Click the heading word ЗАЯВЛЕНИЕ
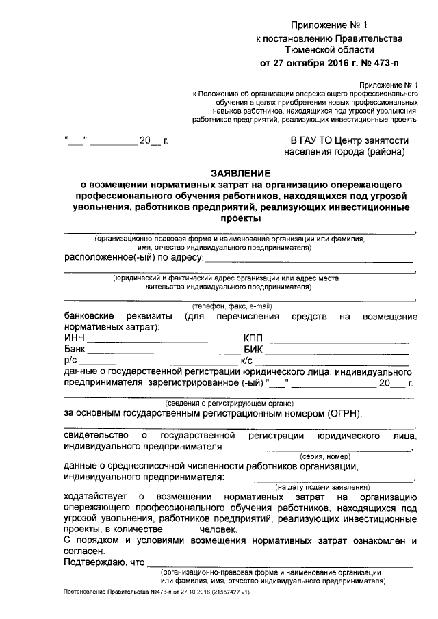tap(240, 173)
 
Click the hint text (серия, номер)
tap(325, 456)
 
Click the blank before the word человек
tap(181, 529)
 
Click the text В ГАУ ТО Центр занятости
tap(350, 140)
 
